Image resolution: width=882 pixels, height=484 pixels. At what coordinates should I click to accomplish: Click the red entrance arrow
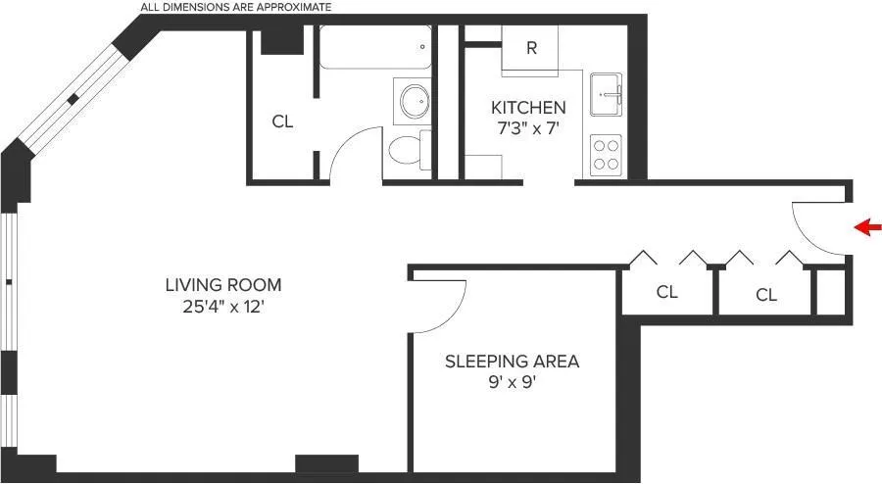(x=866, y=228)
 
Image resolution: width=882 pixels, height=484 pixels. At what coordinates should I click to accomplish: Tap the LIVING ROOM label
(x=222, y=285)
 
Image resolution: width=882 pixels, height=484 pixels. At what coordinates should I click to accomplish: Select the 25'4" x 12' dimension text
(x=222, y=306)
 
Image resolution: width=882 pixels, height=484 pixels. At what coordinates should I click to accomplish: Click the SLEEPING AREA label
(x=512, y=362)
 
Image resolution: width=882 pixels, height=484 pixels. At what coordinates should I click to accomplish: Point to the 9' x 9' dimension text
(x=512, y=382)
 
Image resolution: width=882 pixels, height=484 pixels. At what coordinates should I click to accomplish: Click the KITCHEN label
(x=528, y=108)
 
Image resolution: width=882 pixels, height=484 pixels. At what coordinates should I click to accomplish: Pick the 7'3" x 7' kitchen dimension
(x=528, y=128)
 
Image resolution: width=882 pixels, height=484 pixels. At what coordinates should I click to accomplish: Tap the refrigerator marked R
(x=530, y=49)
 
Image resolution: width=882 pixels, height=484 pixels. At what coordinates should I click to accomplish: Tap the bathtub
(x=375, y=46)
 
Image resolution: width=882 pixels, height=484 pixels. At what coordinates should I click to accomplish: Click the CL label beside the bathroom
(x=282, y=122)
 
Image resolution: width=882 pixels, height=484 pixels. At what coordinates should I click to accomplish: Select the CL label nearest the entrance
(x=766, y=295)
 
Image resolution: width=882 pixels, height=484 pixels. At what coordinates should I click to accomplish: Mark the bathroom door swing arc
(x=351, y=147)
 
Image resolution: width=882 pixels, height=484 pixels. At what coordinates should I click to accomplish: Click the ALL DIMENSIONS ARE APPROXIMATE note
(x=235, y=7)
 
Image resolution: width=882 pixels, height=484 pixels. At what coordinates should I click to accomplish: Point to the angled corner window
(x=74, y=98)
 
